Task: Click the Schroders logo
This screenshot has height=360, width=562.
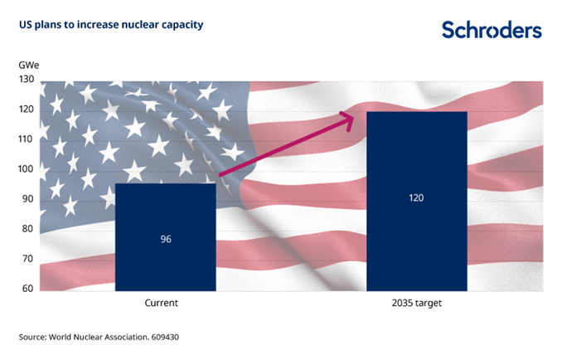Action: (x=492, y=31)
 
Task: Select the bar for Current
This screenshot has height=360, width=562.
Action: (x=166, y=237)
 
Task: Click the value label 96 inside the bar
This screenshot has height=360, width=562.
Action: (x=166, y=239)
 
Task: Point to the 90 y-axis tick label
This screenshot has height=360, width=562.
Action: (x=27, y=199)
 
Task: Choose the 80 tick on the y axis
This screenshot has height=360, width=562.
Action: (x=27, y=229)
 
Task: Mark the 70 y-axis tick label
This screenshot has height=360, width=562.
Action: (x=27, y=259)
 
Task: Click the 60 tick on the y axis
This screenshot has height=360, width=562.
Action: (x=27, y=288)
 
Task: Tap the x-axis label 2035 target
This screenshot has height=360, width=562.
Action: (x=417, y=304)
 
